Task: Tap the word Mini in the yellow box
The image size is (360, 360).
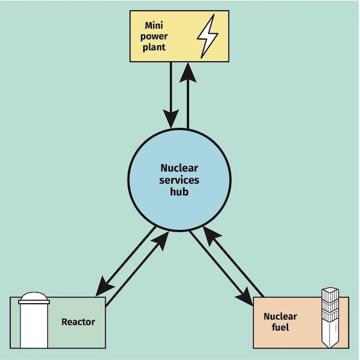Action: [x=155, y=25]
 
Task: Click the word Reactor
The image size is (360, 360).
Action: [x=78, y=322]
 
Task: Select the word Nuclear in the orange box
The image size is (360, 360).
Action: [x=280, y=316]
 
